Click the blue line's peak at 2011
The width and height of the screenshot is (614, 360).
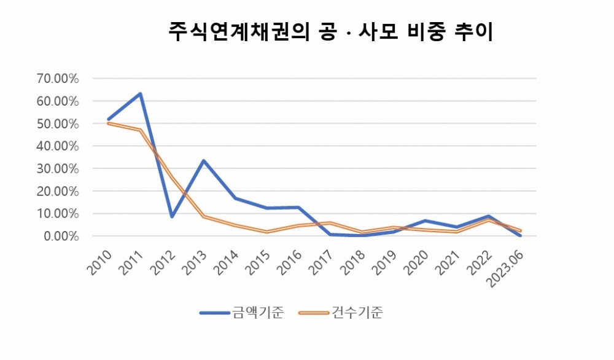[140, 94]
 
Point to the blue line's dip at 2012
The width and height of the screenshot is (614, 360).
[172, 217]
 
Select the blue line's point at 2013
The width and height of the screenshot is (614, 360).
[204, 161]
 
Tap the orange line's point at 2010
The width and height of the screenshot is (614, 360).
[108, 123]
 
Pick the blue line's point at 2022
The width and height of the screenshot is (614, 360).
[489, 216]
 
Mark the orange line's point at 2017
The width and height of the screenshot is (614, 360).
[330, 222]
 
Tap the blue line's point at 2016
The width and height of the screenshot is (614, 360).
[299, 208]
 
